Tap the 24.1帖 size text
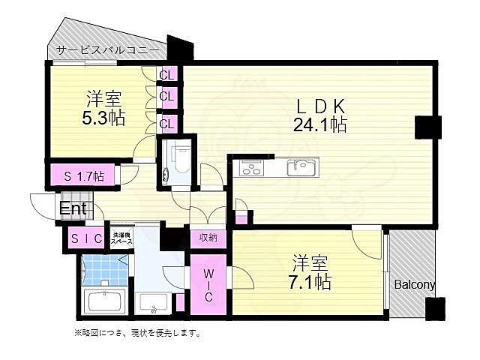319,125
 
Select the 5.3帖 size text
103,118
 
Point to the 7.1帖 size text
310,282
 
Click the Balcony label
415,284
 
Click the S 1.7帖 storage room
83,176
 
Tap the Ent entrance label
73,208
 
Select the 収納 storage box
208,238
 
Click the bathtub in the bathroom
106,303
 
